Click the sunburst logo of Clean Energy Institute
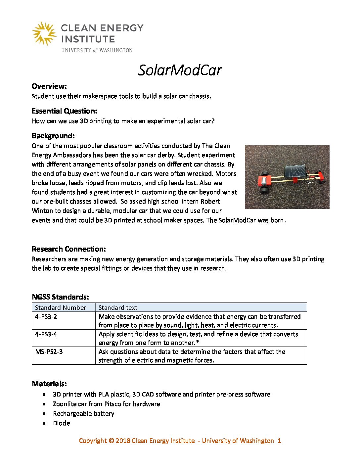[x=44, y=33]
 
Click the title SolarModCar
[x=180, y=70]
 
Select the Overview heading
[x=49, y=86]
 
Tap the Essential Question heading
[x=65, y=111]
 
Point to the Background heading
[x=53, y=136]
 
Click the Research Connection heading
[x=69, y=249]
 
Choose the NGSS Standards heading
[x=60, y=297]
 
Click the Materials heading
[x=49, y=384]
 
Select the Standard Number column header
[x=60, y=307]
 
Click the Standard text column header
[x=118, y=307]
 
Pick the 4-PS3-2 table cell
[x=46, y=316]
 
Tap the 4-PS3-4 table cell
[x=46, y=334]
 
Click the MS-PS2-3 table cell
[x=49, y=351]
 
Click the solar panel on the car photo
[x=295, y=172]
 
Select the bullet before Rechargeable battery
[x=44, y=414]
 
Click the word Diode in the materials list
[x=62, y=423]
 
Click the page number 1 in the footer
[x=279, y=441]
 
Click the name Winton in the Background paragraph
[x=44, y=211]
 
